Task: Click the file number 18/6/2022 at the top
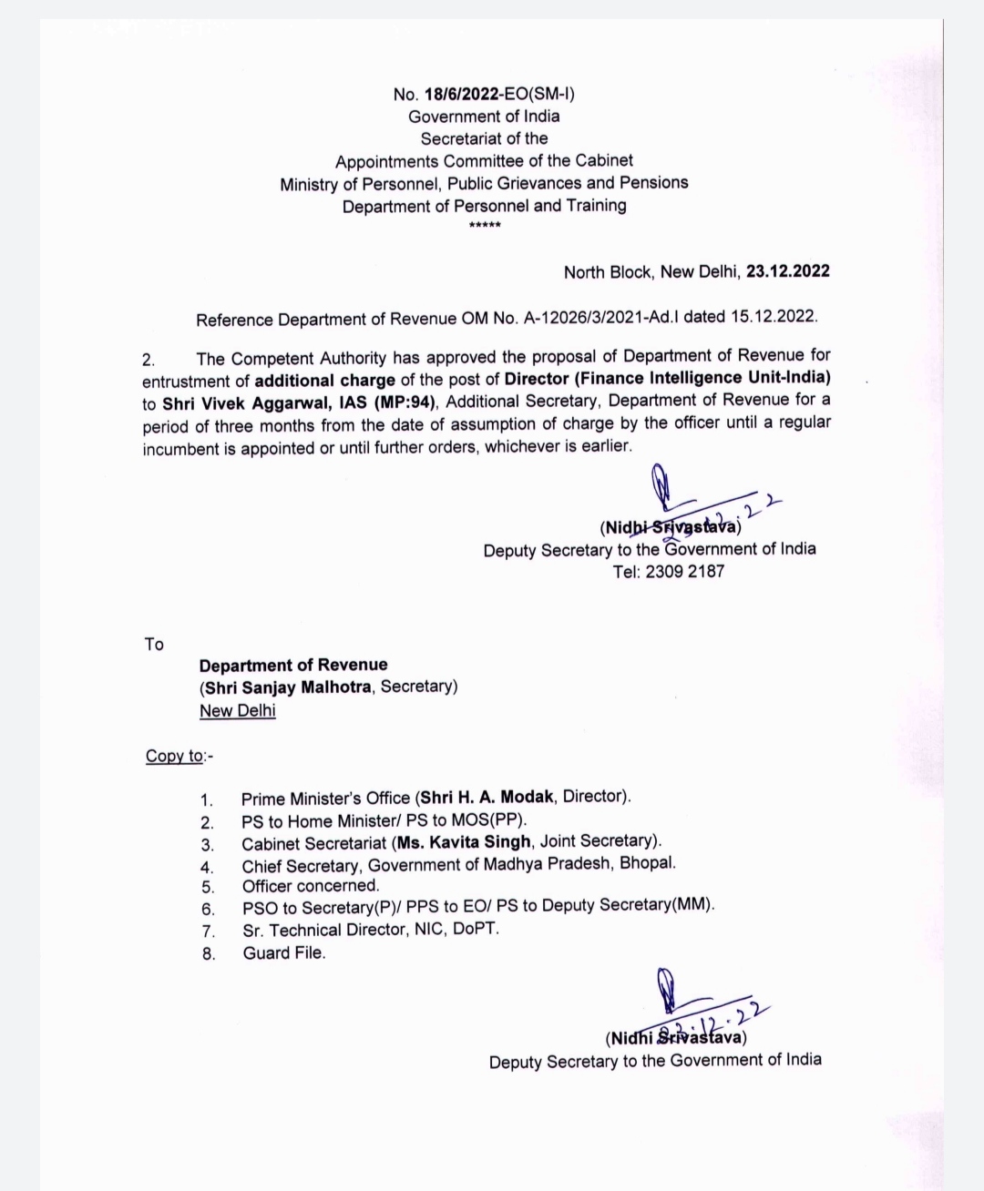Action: pos(463,94)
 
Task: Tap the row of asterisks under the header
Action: pos(484,225)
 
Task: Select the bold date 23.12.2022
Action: pos(788,271)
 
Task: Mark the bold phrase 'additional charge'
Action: pos(324,380)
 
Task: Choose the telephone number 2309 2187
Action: pos(685,572)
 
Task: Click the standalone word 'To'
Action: pos(154,645)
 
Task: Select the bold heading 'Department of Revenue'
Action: pos(293,666)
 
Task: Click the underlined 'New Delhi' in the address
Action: pos(238,710)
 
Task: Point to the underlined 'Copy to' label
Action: pos(175,756)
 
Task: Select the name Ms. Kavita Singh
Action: pos(464,841)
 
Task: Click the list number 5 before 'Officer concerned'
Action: pos(208,887)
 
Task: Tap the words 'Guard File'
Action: pos(283,953)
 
